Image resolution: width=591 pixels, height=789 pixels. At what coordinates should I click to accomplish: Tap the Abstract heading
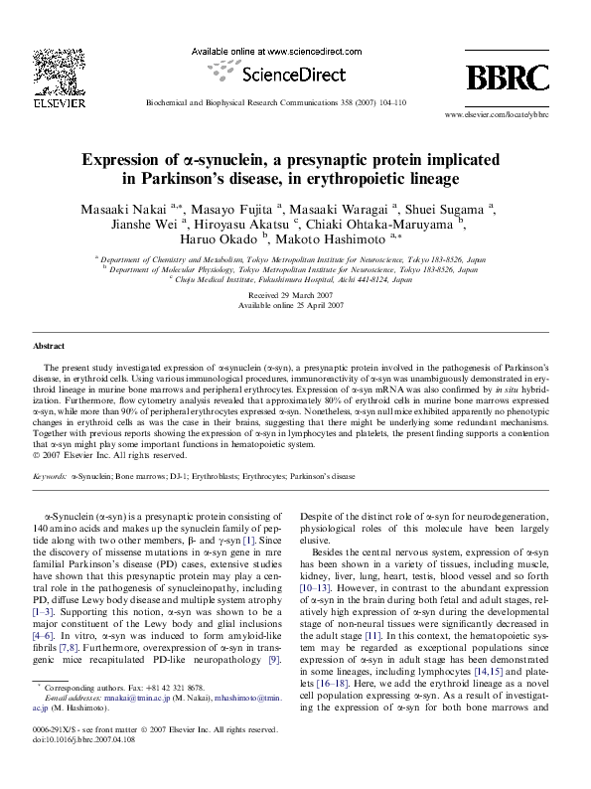(x=49, y=346)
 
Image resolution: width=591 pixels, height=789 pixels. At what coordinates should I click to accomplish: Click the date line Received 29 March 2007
(x=295, y=297)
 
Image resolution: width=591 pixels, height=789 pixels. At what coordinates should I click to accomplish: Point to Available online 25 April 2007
(x=295, y=307)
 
